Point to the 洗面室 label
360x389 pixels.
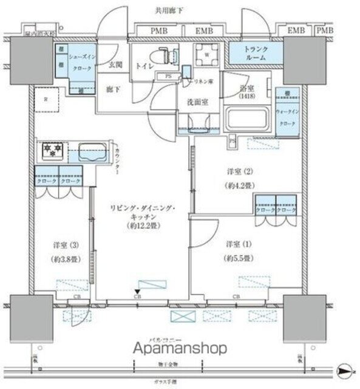click(197, 103)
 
